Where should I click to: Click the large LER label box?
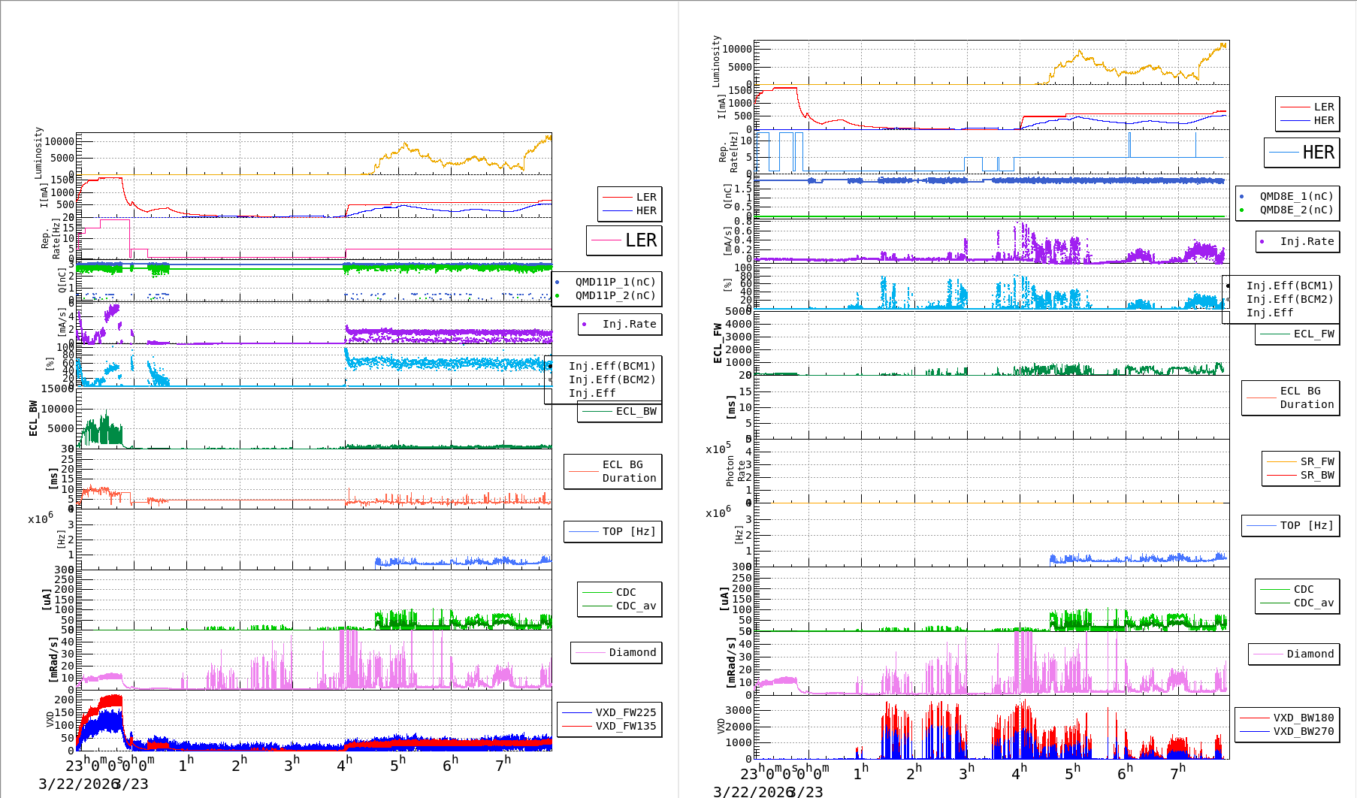(x=624, y=240)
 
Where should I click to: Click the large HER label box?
(x=1301, y=153)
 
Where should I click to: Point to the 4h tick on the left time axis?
(x=345, y=764)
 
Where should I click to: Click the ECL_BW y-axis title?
(x=33, y=418)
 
